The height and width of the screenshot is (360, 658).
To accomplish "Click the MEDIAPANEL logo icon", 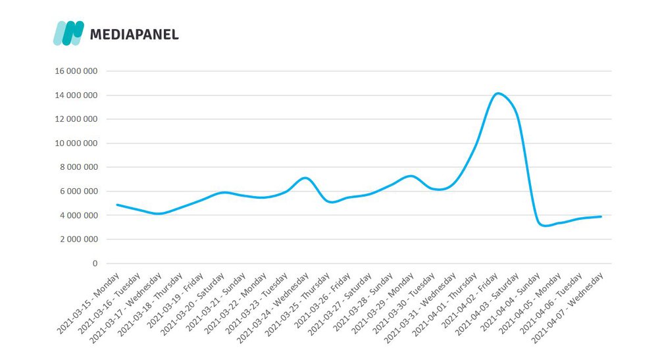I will click(68, 33).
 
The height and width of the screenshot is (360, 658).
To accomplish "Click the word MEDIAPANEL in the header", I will click(134, 34).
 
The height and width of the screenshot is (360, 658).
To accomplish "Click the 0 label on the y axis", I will click(94, 263).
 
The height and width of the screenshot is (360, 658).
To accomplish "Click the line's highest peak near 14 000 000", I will click(497, 93).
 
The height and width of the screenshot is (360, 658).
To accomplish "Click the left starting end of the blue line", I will click(117, 205).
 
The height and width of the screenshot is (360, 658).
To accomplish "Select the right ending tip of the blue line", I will click(601, 217).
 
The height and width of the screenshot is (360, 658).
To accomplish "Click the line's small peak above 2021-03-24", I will click(304, 178).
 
